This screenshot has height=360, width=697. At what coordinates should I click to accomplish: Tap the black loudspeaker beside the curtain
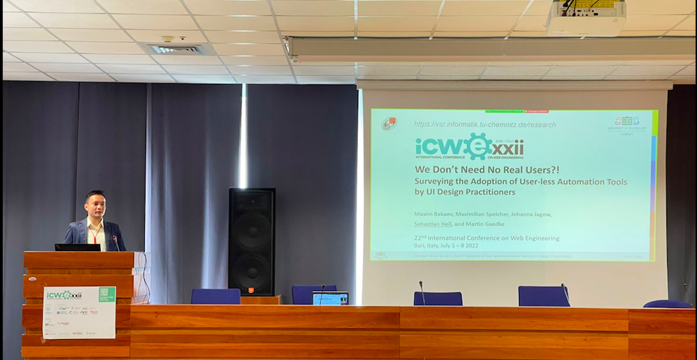pyautogui.click(x=252, y=241)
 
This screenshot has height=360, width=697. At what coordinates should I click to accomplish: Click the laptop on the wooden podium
pyautogui.click(x=77, y=248)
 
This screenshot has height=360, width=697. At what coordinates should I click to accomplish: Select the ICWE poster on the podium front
pyautogui.click(x=79, y=312)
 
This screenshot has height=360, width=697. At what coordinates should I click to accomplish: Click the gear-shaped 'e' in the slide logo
pyautogui.click(x=478, y=146)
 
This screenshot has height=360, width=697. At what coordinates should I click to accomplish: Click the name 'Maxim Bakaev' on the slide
pyautogui.click(x=432, y=215)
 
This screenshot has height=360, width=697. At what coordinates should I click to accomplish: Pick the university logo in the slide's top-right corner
pyautogui.click(x=627, y=123)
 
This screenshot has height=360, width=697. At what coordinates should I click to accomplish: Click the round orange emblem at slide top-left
pyautogui.click(x=388, y=123)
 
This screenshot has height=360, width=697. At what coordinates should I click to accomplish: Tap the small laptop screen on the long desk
pyautogui.click(x=330, y=298)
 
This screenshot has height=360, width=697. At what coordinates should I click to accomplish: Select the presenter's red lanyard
pyautogui.click(x=95, y=231)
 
